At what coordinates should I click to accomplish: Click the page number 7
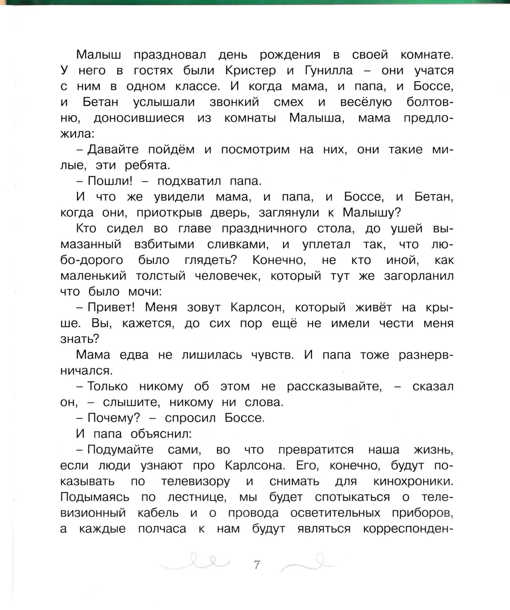[x=257, y=564]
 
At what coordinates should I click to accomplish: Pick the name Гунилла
[x=325, y=71]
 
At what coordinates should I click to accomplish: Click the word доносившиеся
[x=139, y=118]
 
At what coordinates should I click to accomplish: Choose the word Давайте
[x=113, y=150]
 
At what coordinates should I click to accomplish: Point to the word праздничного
[x=266, y=229]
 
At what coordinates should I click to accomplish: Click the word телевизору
[x=195, y=482]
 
